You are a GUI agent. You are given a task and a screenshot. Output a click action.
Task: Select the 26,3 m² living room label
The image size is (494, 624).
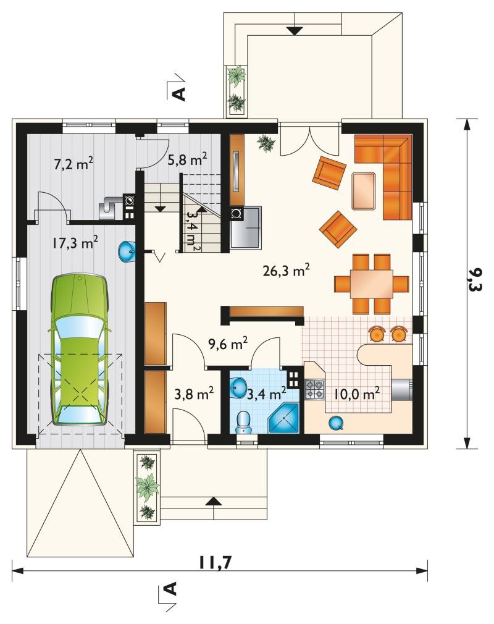pyautogui.click(x=287, y=270)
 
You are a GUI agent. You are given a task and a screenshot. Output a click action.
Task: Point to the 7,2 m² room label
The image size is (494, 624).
pyautogui.click(x=73, y=163)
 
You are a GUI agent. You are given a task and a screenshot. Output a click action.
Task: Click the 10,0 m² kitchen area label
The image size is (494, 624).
pyautogui.click(x=356, y=394)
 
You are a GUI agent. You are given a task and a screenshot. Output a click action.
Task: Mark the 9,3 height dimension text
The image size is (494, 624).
pyautogui.click(x=474, y=279)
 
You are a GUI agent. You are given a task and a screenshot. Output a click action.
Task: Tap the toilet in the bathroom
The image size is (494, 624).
pyautogui.click(x=243, y=422)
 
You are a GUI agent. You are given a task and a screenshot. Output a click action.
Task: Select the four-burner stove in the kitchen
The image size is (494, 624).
pyautogui.click(x=315, y=390)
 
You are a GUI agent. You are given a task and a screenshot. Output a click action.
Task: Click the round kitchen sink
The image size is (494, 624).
pyautogui.click(x=336, y=423)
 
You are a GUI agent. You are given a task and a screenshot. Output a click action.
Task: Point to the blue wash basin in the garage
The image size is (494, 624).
pyautogui.click(x=127, y=251)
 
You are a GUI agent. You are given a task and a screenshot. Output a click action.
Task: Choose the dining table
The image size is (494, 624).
pyautogui.click(x=372, y=284)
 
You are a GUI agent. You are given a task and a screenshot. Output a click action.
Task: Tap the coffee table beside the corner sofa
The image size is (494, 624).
pyautogui.click(x=364, y=191)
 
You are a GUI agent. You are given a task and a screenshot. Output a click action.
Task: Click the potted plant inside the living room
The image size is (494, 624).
pyautogui.click(x=266, y=143)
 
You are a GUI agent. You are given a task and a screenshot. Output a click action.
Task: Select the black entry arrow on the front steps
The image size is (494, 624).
pyautogui.click(x=214, y=502)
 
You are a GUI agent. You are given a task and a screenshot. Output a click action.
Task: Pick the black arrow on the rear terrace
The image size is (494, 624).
pyautogui.click(x=295, y=31)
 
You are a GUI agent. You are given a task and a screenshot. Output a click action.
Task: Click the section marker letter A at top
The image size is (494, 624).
pyautogui.click(x=180, y=93)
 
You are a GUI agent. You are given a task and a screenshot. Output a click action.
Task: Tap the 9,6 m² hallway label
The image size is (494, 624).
pyautogui.click(x=228, y=343)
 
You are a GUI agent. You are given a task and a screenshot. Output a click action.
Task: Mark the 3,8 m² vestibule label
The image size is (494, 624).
pyautogui.click(x=194, y=394)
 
